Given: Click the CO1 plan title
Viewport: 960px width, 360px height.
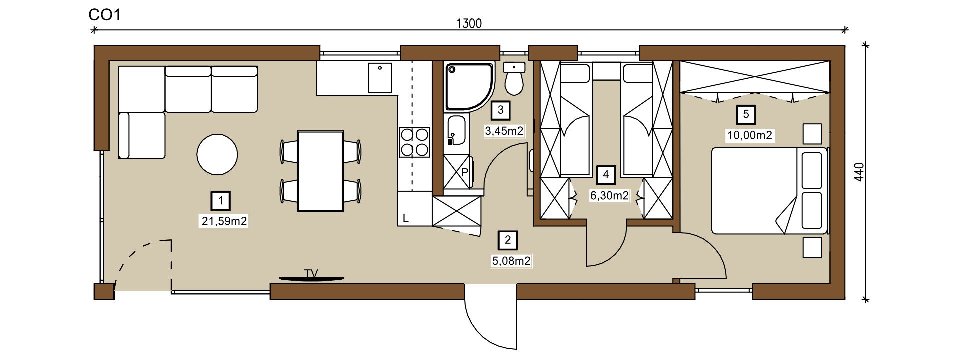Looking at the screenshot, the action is click(105, 15).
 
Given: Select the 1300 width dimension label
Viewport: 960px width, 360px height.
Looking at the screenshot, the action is click(469, 23).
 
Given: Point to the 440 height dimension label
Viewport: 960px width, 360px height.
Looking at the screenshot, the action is click(859, 172).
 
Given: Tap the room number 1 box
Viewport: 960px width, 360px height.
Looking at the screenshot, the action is click(221, 201).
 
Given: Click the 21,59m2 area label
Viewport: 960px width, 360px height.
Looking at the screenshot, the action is click(224, 221).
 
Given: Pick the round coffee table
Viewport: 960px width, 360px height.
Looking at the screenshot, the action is click(217, 154).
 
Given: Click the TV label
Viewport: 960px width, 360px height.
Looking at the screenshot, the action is click(311, 273).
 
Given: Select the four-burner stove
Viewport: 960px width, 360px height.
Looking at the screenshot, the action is click(415, 142).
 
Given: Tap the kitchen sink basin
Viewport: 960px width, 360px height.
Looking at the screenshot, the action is click(380, 78).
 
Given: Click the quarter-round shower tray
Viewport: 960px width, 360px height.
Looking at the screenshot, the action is click(468, 86).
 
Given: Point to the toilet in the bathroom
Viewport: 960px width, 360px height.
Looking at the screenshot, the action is click(514, 79).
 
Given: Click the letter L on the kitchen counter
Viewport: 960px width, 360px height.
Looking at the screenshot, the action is click(406, 218).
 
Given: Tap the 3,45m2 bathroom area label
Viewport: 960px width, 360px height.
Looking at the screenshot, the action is click(504, 131).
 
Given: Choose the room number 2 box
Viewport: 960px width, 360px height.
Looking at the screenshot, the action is click(508, 240).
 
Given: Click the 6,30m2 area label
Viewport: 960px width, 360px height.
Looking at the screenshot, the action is click(609, 195).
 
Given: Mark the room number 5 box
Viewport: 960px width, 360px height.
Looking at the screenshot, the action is click(746, 115).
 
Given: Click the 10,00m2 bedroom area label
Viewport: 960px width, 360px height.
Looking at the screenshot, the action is click(750, 135).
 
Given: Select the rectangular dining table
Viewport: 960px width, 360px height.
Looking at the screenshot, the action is click(320, 171).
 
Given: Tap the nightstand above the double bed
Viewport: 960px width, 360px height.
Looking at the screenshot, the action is click(812, 133).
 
